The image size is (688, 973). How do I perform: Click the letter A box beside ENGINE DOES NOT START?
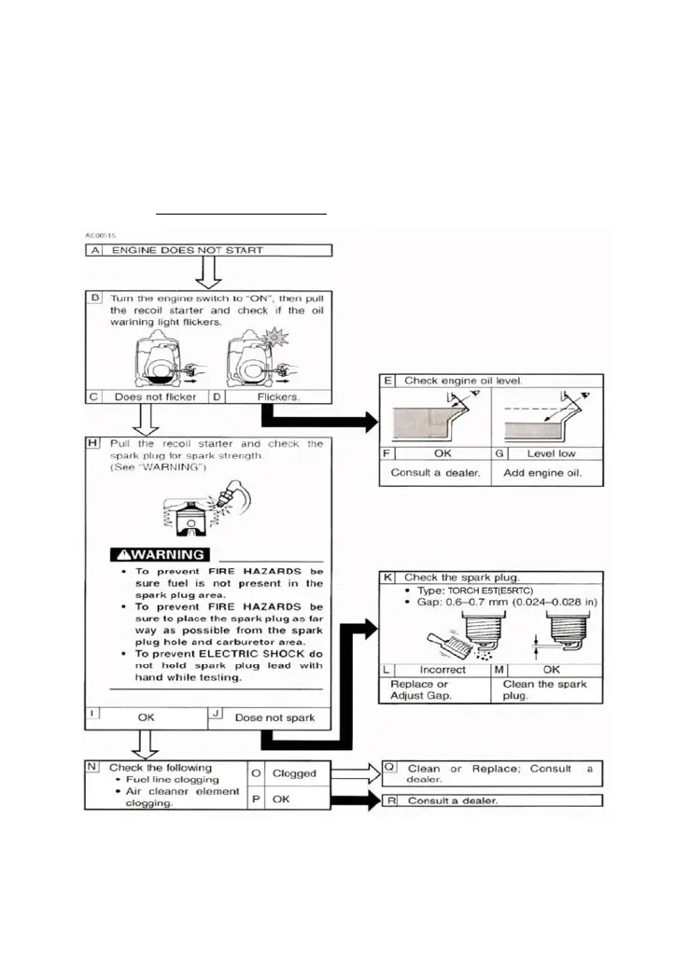pos(93,250)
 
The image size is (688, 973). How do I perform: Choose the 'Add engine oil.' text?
pos(547,474)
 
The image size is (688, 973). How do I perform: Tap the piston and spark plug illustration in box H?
pos(201,509)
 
